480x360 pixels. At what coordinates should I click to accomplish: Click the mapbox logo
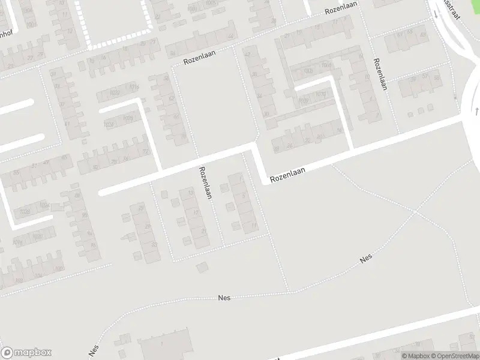26,353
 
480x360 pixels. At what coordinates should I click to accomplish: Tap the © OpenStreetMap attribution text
451,356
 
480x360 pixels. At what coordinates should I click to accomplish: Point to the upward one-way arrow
476,112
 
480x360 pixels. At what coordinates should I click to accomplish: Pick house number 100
59,269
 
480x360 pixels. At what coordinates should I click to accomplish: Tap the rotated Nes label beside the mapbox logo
93,350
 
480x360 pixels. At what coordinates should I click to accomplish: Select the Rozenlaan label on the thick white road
287,175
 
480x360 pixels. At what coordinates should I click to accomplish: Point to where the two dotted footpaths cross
415,211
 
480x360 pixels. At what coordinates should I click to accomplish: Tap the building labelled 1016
134,88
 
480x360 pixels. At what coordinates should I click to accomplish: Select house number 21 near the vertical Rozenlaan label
204,232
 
